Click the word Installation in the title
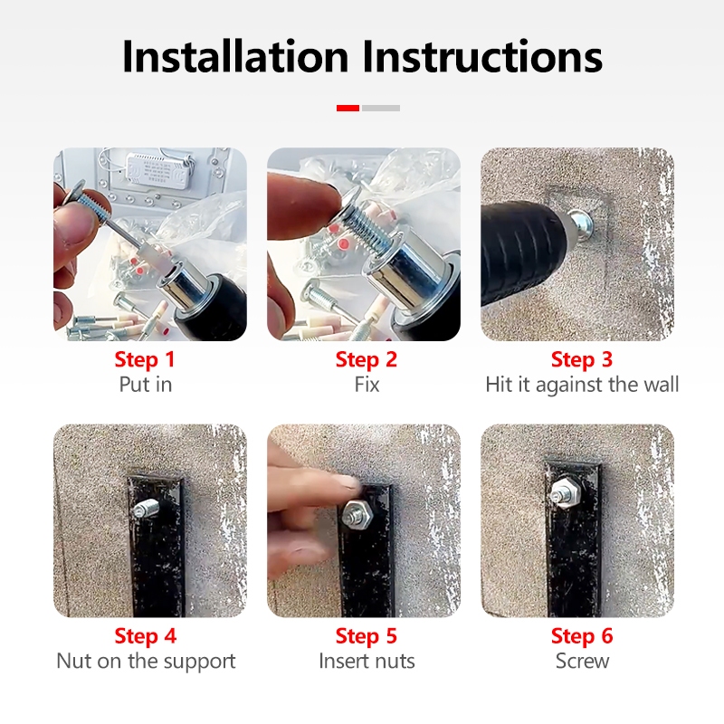[235, 56]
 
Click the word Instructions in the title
[481, 56]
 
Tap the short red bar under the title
[348, 108]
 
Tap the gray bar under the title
[381, 108]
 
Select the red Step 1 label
[145, 359]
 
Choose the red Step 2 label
[367, 359]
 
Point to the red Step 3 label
[582, 359]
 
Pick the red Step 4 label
[146, 636]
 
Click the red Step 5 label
[367, 636]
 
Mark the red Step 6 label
[582, 636]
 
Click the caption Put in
[146, 385]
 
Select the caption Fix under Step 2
[367, 385]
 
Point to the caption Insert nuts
[367, 662]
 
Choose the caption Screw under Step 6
[582, 662]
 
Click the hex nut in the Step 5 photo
[358, 513]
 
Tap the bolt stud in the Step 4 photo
[146, 509]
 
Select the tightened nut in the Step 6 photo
[567, 492]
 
